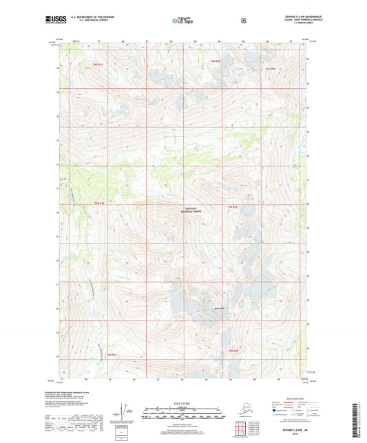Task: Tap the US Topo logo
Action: pyautogui.click(x=182, y=21)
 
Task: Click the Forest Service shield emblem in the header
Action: pyautogui.click(x=243, y=21)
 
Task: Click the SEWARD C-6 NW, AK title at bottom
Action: pyautogui.click(x=286, y=429)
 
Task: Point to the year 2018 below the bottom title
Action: pyautogui.click(x=286, y=434)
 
